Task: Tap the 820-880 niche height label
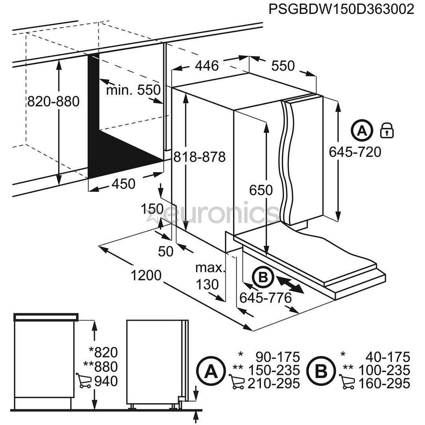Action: (x=53, y=102)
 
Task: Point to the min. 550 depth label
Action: (x=133, y=90)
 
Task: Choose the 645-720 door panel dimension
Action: (x=355, y=152)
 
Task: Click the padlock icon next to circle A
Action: (x=387, y=130)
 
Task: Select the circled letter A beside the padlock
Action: (x=362, y=130)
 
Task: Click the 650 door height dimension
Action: (x=261, y=190)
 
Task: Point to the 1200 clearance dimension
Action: (x=146, y=275)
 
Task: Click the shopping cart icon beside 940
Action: (x=83, y=381)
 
